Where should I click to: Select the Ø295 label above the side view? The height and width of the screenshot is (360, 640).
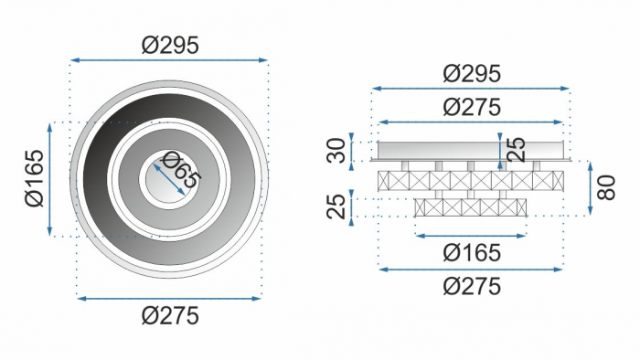point(471,73)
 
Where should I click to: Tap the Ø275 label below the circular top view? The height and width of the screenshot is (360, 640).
point(170,316)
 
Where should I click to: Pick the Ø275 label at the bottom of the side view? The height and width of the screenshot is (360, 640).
point(471,286)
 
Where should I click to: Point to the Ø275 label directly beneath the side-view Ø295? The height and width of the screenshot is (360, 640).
point(471,106)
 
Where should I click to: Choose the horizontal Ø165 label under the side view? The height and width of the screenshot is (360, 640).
point(471,251)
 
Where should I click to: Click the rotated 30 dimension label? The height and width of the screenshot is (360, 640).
point(337,150)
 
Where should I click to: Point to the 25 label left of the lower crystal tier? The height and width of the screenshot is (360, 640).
point(337,206)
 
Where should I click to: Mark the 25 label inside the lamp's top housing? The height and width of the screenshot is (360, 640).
point(516,150)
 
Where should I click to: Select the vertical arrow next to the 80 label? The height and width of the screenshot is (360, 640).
point(590,189)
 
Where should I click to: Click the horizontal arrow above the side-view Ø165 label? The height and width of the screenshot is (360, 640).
point(471,235)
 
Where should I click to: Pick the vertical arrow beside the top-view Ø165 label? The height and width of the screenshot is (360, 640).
point(49,179)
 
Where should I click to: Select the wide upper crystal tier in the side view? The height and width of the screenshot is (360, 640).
point(471,180)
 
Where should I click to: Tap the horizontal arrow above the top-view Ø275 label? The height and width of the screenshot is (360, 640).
point(170,298)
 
